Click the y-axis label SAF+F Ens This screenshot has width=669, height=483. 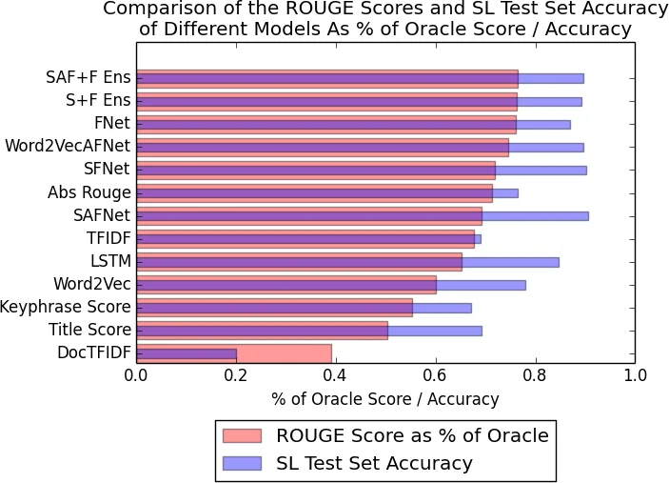[89, 77]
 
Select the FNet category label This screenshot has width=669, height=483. [112, 123]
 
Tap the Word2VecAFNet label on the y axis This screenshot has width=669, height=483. [68, 146]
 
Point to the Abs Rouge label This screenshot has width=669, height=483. [89, 192]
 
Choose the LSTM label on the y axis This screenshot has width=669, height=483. [109, 261]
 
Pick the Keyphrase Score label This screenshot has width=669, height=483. [66, 307]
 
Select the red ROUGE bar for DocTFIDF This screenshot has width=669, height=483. [285, 353]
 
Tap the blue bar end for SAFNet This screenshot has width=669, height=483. [586, 215]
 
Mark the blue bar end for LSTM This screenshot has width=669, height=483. [557, 262]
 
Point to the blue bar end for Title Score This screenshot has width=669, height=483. [480, 331]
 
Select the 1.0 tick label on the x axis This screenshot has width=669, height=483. [634, 374]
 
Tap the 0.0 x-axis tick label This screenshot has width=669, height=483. [137, 374]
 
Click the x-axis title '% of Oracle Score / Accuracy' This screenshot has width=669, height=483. [385, 399]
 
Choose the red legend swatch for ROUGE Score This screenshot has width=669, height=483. [241, 435]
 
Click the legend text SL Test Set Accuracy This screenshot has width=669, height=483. [374, 464]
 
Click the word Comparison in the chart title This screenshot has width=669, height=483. [156, 9]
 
